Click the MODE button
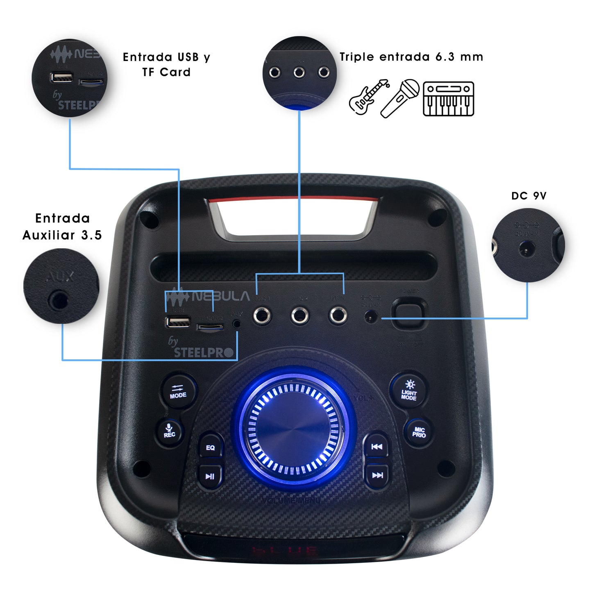coord(178,391)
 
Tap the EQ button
coord(211,447)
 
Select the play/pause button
coord(210,476)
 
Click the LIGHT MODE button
coord(409,390)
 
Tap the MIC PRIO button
coord(419,432)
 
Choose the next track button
coord(377,475)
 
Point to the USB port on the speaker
coord(178,322)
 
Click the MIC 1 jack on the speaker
coord(262,316)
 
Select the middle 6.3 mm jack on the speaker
coord(300,316)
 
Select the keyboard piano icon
coord(448,99)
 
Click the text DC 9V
coord(528,196)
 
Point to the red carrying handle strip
coord(293,200)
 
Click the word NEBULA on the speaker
coord(220,296)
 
